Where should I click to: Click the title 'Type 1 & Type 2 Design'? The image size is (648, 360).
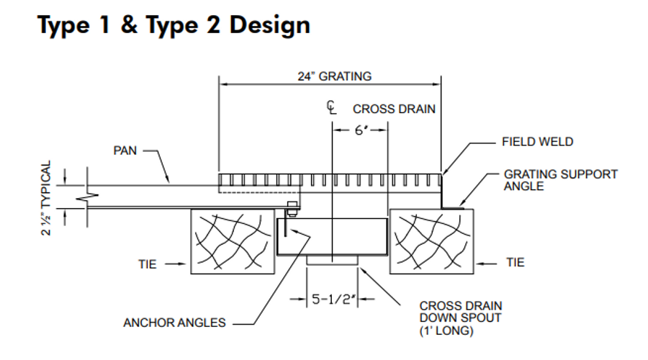point(174,24)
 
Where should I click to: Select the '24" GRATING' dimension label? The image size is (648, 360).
point(335,76)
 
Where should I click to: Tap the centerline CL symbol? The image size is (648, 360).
point(331,107)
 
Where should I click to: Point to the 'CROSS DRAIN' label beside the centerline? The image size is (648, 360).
point(394,109)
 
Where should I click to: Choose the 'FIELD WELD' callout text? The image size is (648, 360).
point(537,142)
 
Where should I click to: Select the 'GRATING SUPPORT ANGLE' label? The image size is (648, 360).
point(560,180)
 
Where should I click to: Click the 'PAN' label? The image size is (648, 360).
point(125,150)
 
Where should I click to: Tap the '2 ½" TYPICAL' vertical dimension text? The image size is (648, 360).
point(46,198)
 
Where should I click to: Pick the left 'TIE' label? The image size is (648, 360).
point(147,264)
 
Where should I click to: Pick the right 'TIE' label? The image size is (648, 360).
point(516,263)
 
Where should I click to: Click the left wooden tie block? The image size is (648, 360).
point(233,241)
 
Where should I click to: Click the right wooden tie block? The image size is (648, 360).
point(431,241)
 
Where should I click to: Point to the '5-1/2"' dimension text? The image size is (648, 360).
point(333,299)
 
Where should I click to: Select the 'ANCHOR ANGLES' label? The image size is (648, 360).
point(174,323)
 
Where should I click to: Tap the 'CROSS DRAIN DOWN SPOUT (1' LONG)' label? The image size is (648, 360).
point(460,318)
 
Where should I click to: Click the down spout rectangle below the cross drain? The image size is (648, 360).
point(332,260)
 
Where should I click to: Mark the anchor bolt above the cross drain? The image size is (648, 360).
point(292,209)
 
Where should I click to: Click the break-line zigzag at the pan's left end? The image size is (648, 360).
point(87,197)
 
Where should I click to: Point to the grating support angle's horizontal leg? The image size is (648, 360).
point(453,208)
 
